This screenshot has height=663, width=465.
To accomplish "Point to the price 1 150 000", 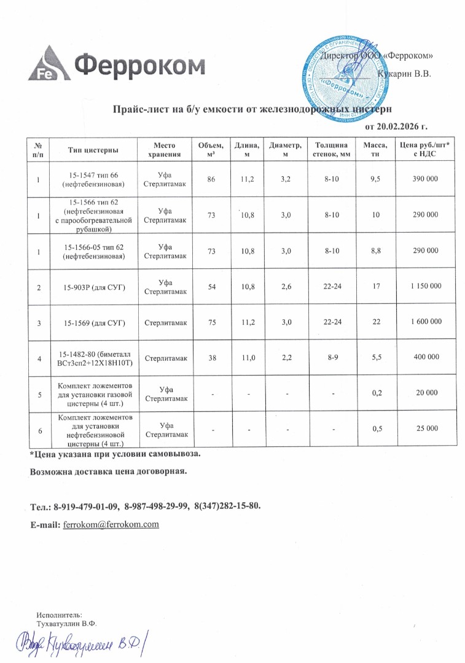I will click(423, 286).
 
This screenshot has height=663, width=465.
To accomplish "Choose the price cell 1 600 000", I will click(423, 321).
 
